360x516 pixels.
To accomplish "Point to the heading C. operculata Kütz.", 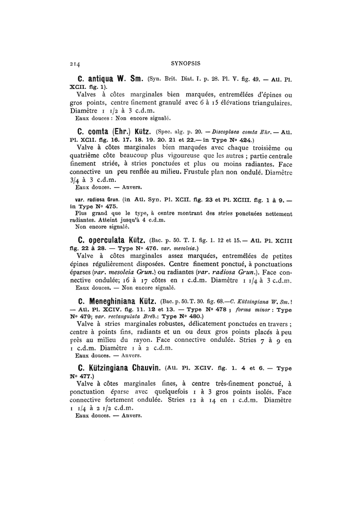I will [x=111, y=239].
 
